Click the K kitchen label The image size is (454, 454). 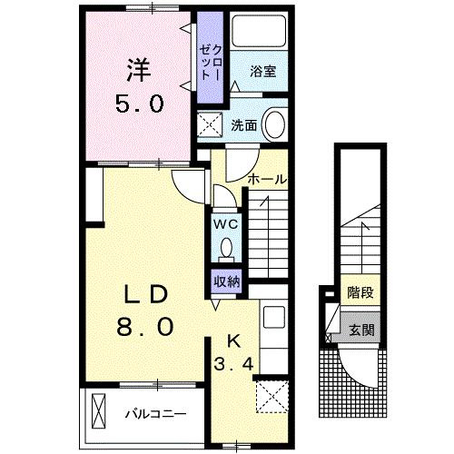tap(232, 341)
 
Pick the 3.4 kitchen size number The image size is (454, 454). tap(232, 365)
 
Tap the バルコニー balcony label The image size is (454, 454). tap(156, 414)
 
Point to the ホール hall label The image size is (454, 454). tap(269, 179)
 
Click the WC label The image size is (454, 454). tap(225, 223)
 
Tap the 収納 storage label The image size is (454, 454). tap(227, 281)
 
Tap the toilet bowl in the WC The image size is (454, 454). tap(226, 248)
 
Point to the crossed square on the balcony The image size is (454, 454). tap(99, 413)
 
